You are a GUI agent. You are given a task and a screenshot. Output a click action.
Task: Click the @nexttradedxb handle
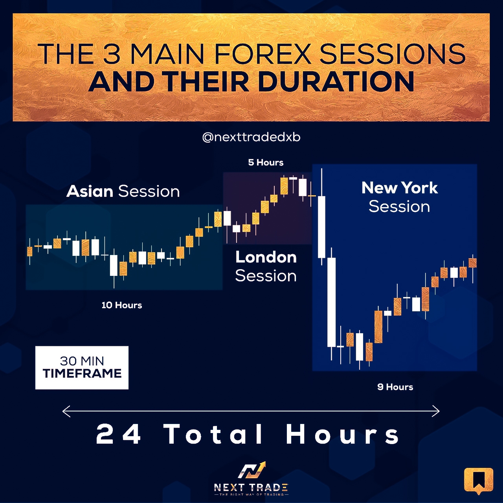[x=251, y=137]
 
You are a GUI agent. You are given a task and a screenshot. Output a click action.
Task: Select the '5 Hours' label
[x=266, y=162]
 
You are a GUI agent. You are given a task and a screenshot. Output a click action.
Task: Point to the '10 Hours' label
[x=122, y=305]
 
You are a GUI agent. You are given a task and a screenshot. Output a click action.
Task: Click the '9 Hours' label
[x=395, y=387]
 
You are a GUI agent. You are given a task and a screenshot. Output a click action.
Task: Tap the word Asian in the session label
[x=90, y=191]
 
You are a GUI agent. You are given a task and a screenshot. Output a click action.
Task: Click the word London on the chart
[x=266, y=257]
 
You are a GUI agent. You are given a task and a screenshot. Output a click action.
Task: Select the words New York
[x=400, y=188]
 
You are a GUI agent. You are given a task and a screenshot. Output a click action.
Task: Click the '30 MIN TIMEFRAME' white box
[x=82, y=367]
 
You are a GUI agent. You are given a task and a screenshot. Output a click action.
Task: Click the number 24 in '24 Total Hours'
[x=118, y=434]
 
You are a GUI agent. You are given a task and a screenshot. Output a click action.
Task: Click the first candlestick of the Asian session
[x=30, y=251]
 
